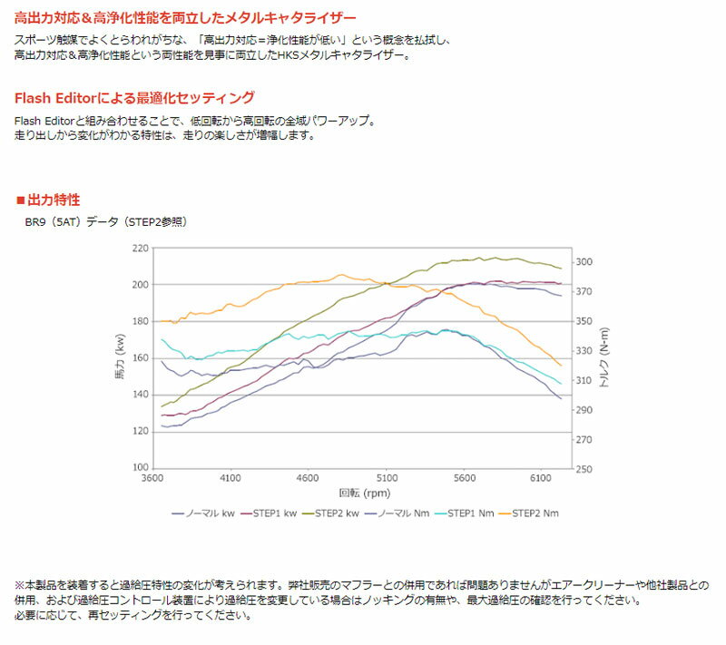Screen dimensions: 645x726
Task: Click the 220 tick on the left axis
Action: coord(139,248)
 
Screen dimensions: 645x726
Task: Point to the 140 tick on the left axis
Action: coord(139,395)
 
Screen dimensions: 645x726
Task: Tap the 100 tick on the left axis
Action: coord(139,468)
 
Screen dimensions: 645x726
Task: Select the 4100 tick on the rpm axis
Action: coord(231,477)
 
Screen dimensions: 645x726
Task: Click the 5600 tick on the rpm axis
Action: coord(464,477)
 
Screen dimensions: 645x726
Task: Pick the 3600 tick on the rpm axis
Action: coord(152,477)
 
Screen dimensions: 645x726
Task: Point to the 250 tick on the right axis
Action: coord(585,469)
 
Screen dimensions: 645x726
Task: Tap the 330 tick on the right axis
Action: coord(585,351)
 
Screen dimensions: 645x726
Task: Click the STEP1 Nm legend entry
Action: coord(465,513)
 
